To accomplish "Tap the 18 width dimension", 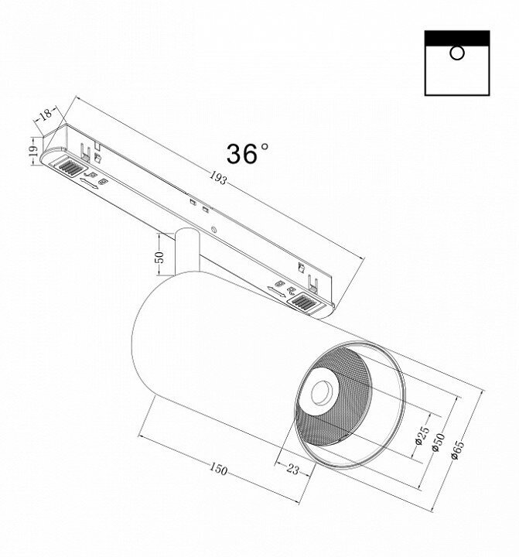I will click(x=45, y=114).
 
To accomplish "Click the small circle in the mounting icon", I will click(x=457, y=53).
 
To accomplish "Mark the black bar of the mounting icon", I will click(x=457, y=37).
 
